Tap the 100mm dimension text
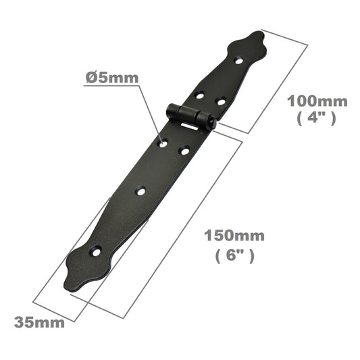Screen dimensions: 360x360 [317, 101]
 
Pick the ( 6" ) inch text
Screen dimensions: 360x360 [234, 256]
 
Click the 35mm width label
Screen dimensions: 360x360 [41, 322]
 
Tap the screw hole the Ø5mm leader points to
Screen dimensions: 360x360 [162, 142]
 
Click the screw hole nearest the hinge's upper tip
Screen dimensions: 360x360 [238, 61]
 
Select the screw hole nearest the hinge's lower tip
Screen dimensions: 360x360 [97, 251]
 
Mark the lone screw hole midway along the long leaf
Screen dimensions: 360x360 [140, 191]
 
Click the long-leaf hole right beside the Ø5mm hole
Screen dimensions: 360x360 [184, 151]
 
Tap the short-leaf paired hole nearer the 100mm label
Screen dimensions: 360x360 [220, 101]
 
